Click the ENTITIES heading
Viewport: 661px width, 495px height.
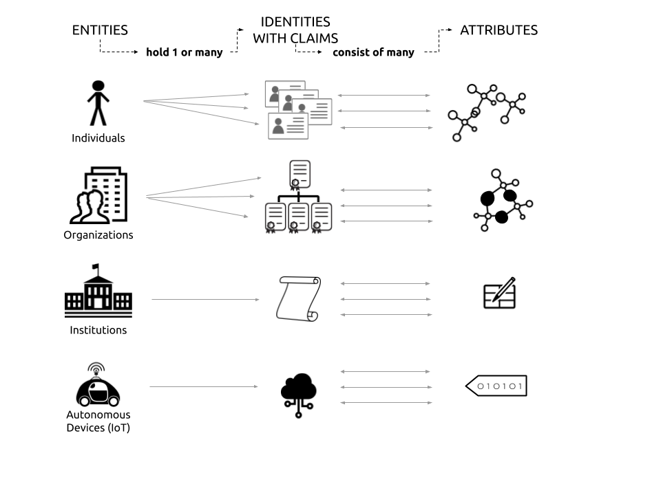[x=100, y=30]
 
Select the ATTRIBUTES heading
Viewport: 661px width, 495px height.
[x=499, y=30]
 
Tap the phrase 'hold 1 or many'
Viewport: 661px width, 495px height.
[x=185, y=52]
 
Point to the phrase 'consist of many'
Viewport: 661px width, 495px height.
[x=373, y=52]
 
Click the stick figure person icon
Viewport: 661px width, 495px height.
[x=98, y=102]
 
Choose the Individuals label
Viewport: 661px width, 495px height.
[x=98, y=138]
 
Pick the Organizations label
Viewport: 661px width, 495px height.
[x=98, y=235]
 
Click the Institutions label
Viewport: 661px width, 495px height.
[x=98, y=330]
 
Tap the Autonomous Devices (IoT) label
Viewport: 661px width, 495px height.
[x=98, y=421]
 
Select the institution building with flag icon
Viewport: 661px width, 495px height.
[x=98, y=290]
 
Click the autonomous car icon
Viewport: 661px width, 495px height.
[x=98, y=385]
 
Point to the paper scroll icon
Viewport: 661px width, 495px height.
[x=298, y=299]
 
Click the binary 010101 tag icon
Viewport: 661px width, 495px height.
[x=496, y=386]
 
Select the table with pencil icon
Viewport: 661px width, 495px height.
[x=500, y=293]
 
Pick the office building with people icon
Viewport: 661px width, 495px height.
[x=98, y=195]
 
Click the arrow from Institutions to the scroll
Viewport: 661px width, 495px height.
[x=205, y=299]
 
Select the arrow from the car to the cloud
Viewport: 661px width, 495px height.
[x=204, y=386]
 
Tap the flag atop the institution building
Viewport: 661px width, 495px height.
[x=96, y=267]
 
